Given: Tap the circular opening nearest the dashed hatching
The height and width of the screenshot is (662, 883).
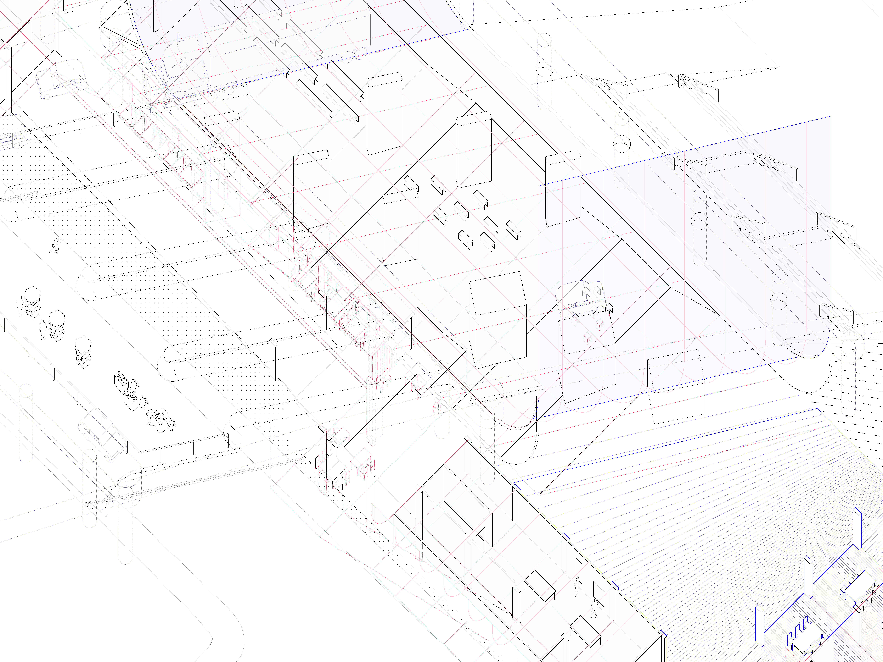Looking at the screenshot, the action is pos(778,301).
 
